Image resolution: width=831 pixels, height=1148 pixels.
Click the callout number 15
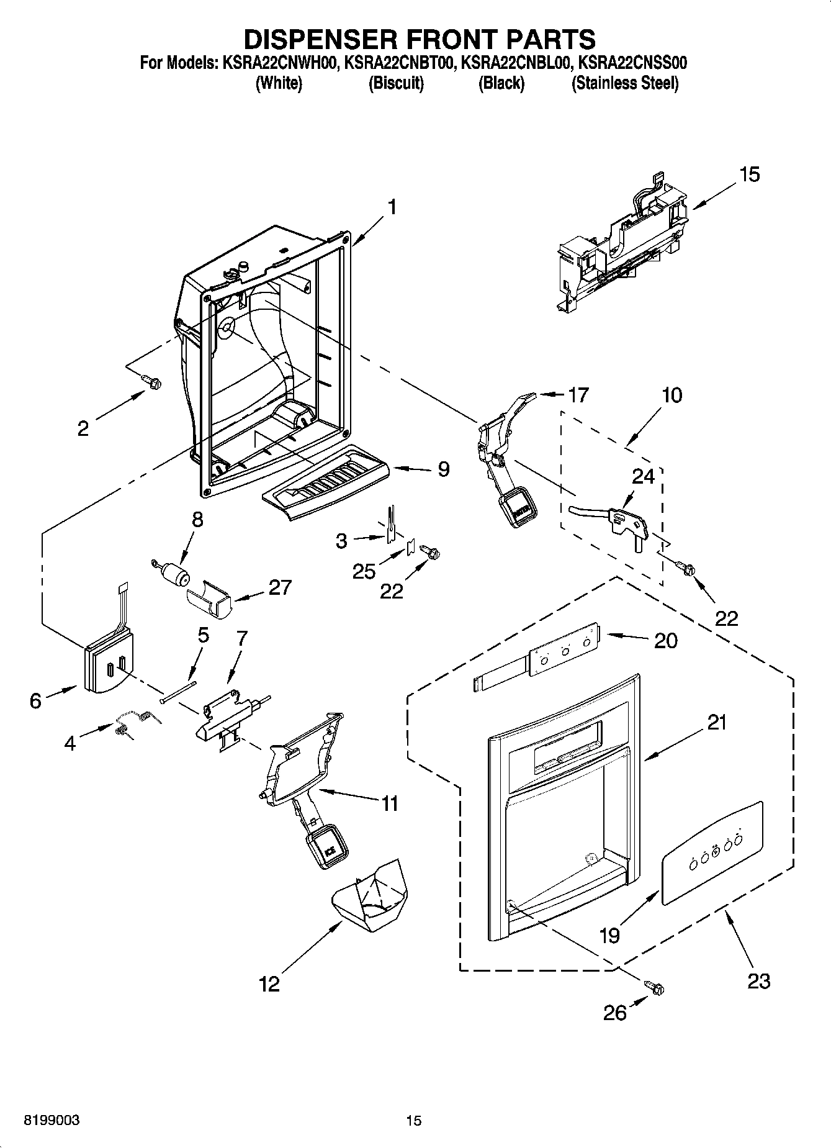coord(750,175)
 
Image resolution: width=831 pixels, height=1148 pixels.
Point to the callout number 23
coord(758,981)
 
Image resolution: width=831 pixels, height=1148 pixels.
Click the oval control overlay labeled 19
coord(711,852)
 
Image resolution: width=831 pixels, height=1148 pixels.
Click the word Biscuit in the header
coord(396,83)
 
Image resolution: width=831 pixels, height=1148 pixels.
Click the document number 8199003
coord(51,1121)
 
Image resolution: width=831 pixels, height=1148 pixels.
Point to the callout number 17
coord(578,395)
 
